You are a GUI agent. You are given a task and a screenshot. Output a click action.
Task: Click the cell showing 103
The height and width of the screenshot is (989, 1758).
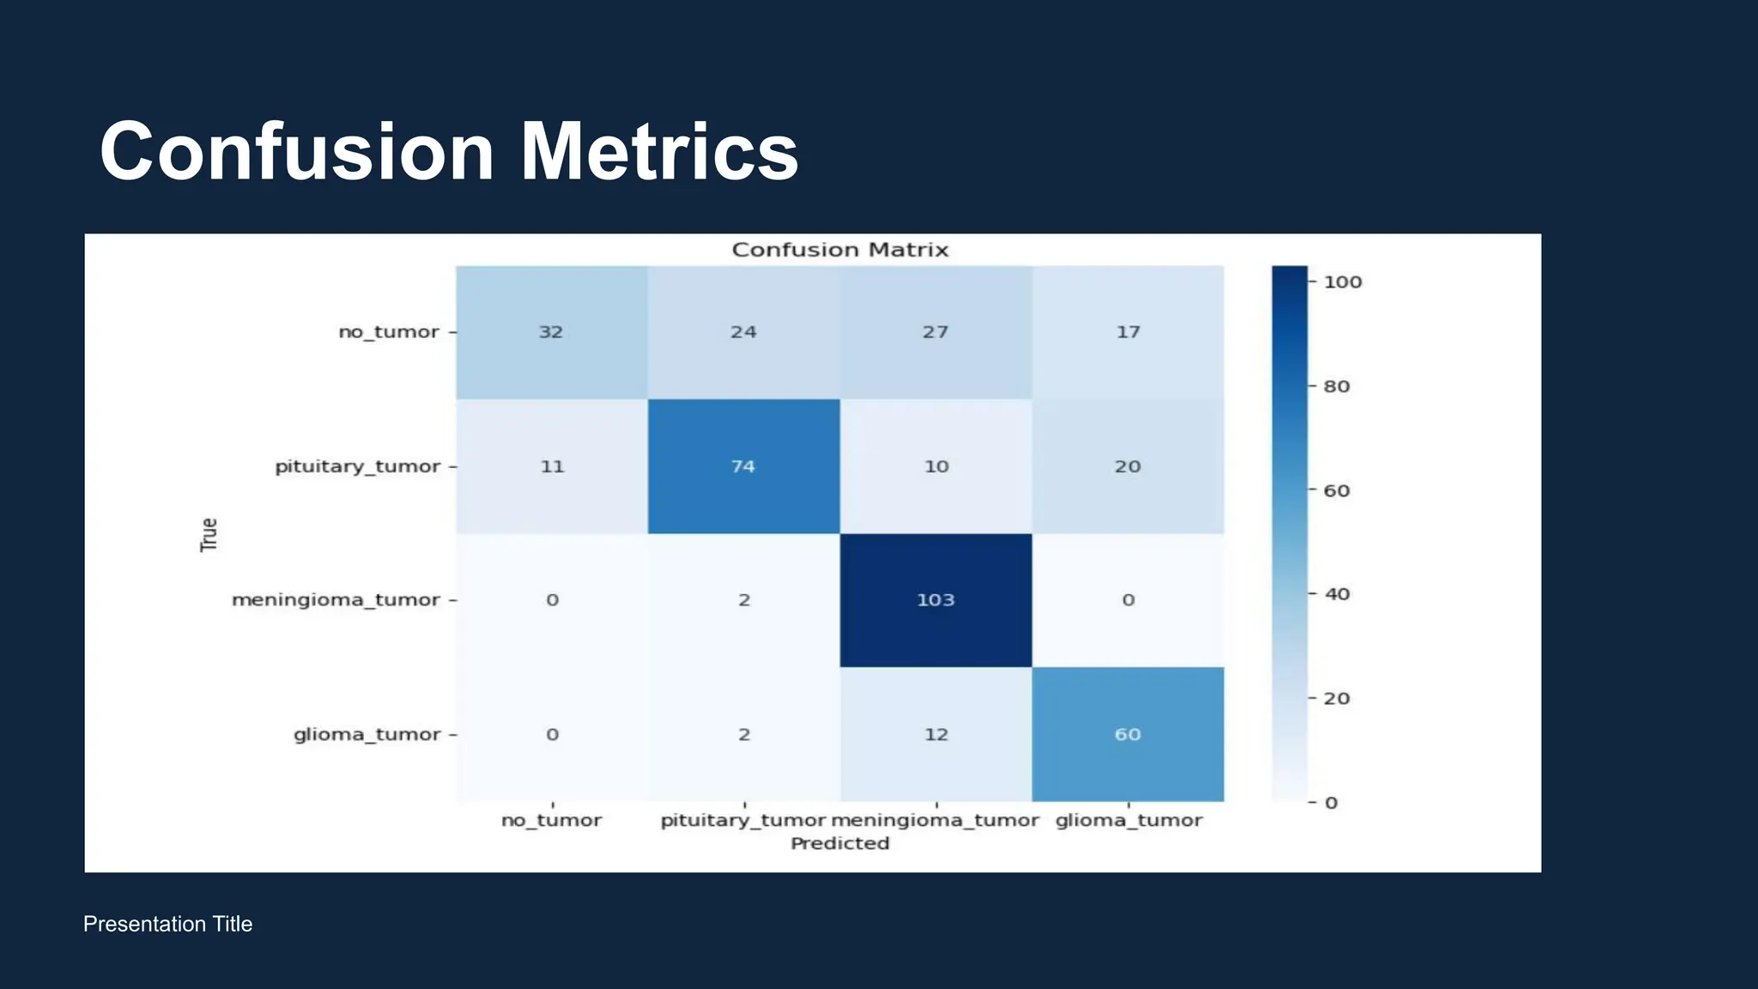(x=936, y=600)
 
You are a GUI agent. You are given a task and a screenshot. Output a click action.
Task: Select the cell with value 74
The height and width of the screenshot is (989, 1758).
(x=743, y=466)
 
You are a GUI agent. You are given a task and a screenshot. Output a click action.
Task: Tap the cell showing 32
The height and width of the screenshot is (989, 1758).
(x=551, y=332)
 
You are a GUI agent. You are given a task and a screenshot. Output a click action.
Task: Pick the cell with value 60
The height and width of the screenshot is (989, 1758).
(x=1128, y=734)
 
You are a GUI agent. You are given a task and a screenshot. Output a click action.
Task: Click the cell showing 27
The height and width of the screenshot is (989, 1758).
(x=936, y=332)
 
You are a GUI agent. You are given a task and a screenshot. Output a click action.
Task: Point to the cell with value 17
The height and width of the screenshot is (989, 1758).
(x=1128, y=332)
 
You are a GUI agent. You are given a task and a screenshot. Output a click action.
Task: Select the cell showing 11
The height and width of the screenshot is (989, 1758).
(x=551, y=466)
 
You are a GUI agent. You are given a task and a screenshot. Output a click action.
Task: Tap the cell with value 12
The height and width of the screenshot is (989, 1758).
(x=936, y=734)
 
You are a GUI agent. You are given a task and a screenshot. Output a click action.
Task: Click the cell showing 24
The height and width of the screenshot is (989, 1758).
(x=743, y=332)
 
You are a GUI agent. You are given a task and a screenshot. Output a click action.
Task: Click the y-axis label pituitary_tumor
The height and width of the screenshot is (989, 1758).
(x=357, y=466)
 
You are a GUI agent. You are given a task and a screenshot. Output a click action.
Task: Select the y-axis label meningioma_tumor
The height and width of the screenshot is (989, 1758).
(x=336, y=600)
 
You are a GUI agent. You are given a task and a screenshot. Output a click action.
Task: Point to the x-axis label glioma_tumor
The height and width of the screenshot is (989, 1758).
(x=1129, y=821)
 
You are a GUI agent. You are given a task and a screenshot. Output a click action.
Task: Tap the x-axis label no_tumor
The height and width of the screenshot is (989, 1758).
(x=551, y=821)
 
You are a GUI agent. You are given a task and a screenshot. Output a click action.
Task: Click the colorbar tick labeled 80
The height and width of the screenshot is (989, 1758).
(x=1337, y=386)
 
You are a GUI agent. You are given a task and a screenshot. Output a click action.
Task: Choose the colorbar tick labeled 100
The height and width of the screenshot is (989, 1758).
(x=1343, y=282)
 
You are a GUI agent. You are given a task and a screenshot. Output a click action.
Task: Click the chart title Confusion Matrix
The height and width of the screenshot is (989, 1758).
(x=840, y=250)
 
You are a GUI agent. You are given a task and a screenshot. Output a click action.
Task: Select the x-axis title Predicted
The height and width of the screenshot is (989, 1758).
(x=840, y=844)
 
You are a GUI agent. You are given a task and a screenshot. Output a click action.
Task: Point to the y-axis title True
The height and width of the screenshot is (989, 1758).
(x=209, y=534)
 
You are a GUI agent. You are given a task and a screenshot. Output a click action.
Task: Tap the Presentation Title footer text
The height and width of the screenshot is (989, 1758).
(x=167, y=924)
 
